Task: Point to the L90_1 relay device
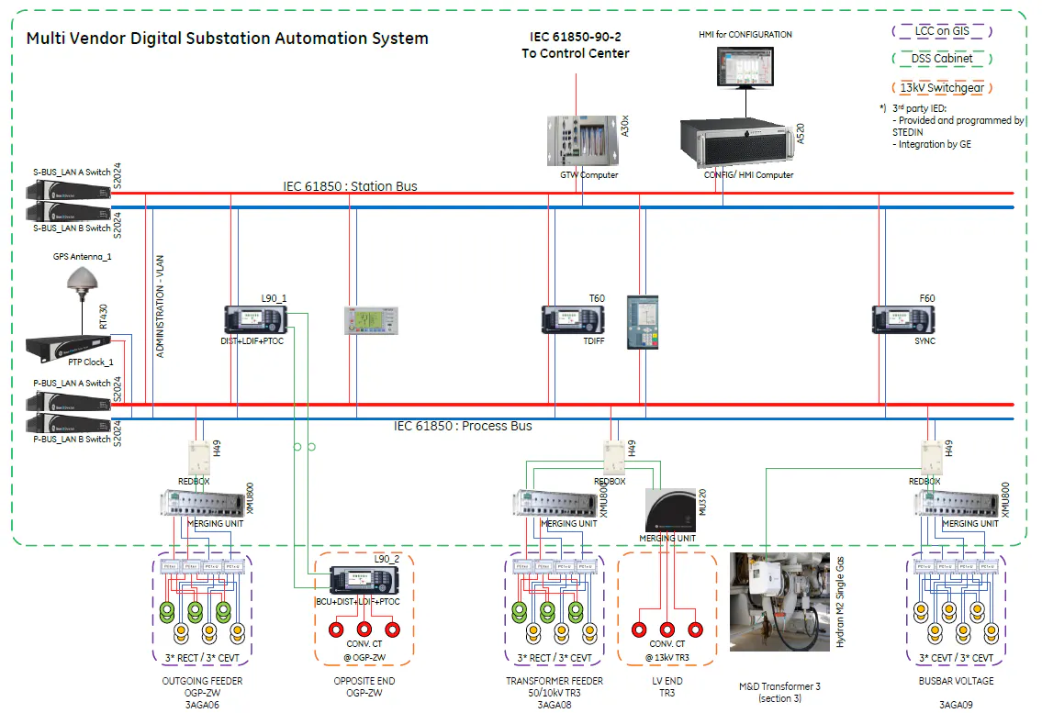[x=255, y=319]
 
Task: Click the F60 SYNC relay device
[x=902, y=319]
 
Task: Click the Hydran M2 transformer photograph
[x=779, y=601]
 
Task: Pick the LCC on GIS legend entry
[x=942, y=30]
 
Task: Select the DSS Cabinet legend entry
[x=942, y=59]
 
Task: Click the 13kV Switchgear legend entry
[x=942, y=88]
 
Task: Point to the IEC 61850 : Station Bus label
[x=350, y=186]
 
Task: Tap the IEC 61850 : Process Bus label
[x=463, y=426]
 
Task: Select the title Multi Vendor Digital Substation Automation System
[x=227, y=39]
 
